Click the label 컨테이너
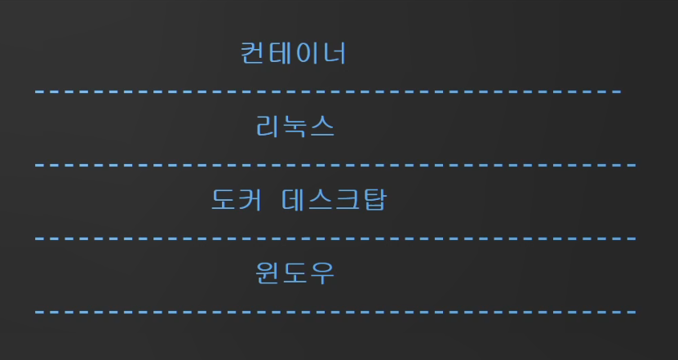click(294, 53)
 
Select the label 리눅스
click(295, 127)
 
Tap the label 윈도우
click(295, 273)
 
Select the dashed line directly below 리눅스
click(335, 165)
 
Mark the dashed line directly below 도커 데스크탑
click(335, 238)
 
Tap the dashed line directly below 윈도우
click(335, 312)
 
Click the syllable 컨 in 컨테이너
click(254, 53)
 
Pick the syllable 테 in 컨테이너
click(281, 53)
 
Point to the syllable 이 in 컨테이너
click(308, 53)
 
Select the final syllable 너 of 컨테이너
click(335, 53)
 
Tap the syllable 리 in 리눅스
click(268, 127)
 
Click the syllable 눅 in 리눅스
click(295, 127)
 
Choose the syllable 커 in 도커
click(250, 200)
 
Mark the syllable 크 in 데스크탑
click(346, 200)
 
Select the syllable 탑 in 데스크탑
click(373, 200)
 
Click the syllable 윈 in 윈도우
click(268, 273)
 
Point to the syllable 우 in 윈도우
click(322, 273)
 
